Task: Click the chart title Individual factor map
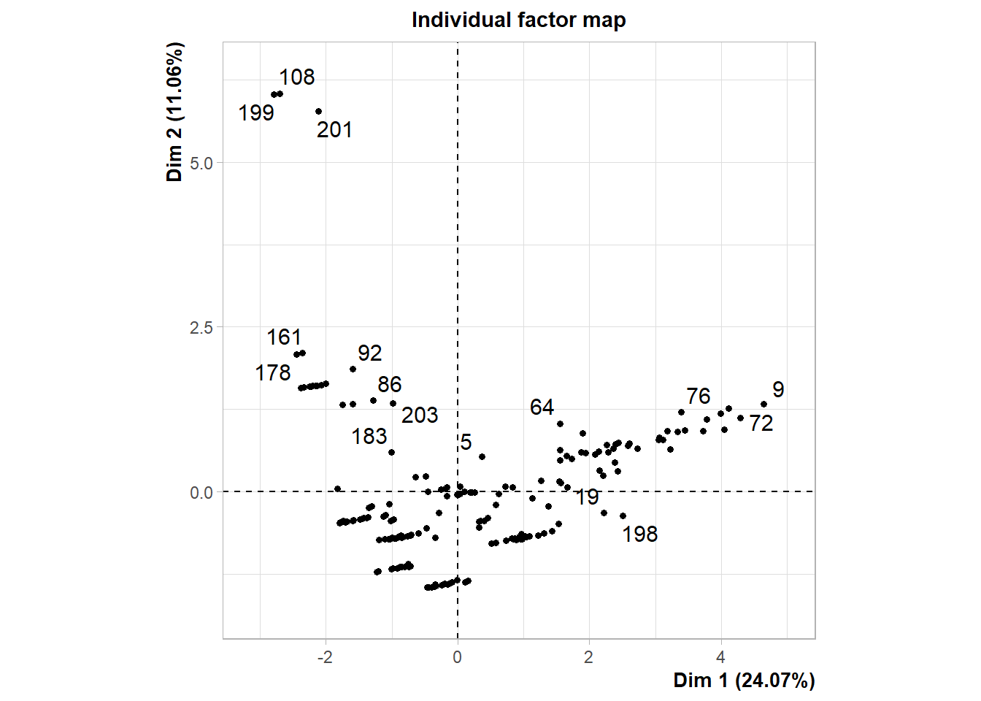[x=518, y=20]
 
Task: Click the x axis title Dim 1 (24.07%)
[x=743, y=680]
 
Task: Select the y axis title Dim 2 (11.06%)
[x=174, y=111]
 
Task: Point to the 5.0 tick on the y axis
[x=201, y=163]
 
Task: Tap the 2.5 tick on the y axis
[x=201, y=327]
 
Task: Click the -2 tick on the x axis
[x=325, y=656]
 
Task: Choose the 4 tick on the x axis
[x=720, y=656]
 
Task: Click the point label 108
[x=297, y=77]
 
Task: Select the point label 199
[x=256, y=112]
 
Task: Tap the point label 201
[x=334, y=129]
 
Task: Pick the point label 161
[x=284, y=337]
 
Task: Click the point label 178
[x=273, y=372]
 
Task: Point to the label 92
[x=370, y=353]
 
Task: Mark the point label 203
[x=420, y=415]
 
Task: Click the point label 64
[x=542, y=407]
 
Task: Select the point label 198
[x=640, y=534]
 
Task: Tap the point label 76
[x=699, y=396]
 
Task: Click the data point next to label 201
[x=318, y=112]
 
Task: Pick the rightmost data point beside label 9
[x=763, y=404]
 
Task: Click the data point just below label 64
[x=560, y=424]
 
